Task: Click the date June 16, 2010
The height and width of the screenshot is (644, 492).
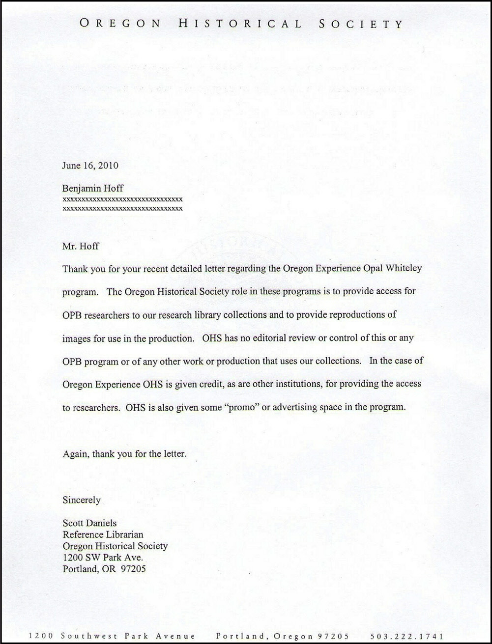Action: [x=90, y=166]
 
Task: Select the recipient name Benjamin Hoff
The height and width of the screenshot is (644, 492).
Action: [x=92, y=188]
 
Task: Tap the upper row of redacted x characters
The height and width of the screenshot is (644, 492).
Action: [x=122, y=199]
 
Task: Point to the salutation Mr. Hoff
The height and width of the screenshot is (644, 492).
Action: [x=81, y=247]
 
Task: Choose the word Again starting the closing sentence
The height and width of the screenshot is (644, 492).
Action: [x=75, y=454]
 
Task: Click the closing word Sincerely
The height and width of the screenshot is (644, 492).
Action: [x=82, y=500]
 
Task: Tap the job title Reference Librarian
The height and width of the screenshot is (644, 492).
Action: [x=103, y=534]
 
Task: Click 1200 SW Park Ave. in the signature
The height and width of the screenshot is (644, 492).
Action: [x=103, y=558]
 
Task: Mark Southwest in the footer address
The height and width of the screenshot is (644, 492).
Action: [x=89, y=636]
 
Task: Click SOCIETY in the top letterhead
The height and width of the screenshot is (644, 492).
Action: [x=360, y=24]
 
